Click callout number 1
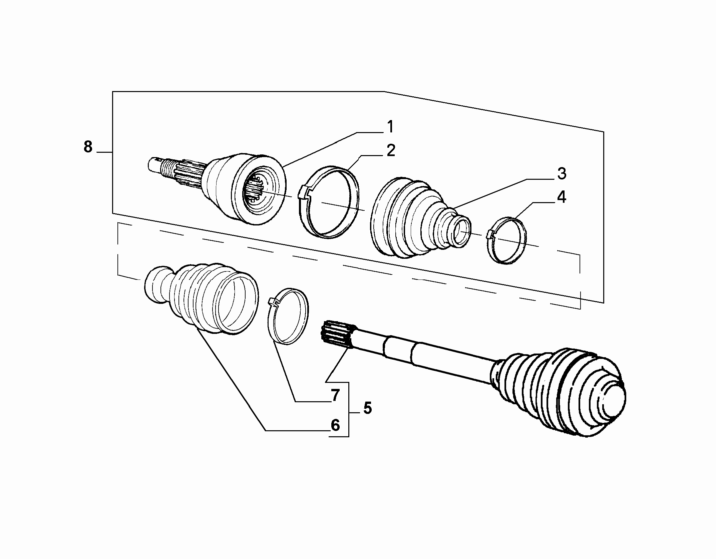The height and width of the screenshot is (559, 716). click(390, 127)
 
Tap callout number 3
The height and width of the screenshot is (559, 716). click(562, 174)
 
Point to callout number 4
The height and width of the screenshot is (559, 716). click(562, 197)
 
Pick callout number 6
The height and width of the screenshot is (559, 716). click(335, 425)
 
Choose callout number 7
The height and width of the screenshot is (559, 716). click(335, 395)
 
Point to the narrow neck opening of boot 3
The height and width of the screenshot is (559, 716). click(461, 230)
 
